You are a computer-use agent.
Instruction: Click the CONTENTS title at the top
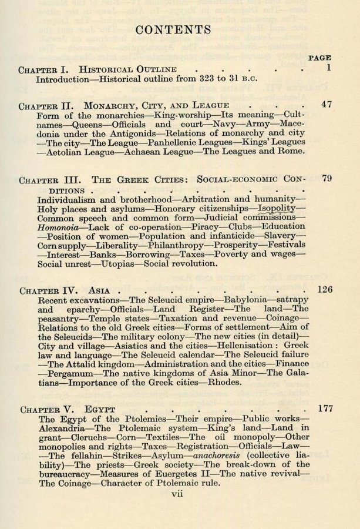click(x=173, y=30)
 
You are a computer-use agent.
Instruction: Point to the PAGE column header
click(x=319, y=58)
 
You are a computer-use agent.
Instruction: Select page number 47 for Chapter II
click(x=327, y=105)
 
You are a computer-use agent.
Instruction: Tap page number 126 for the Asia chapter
click(x=324, y=289)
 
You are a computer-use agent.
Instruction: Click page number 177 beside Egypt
click(x=325, y=407)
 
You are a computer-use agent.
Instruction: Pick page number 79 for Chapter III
click(x=327, y=178)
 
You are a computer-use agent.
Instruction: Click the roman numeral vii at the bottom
click(x=177, y=494)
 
